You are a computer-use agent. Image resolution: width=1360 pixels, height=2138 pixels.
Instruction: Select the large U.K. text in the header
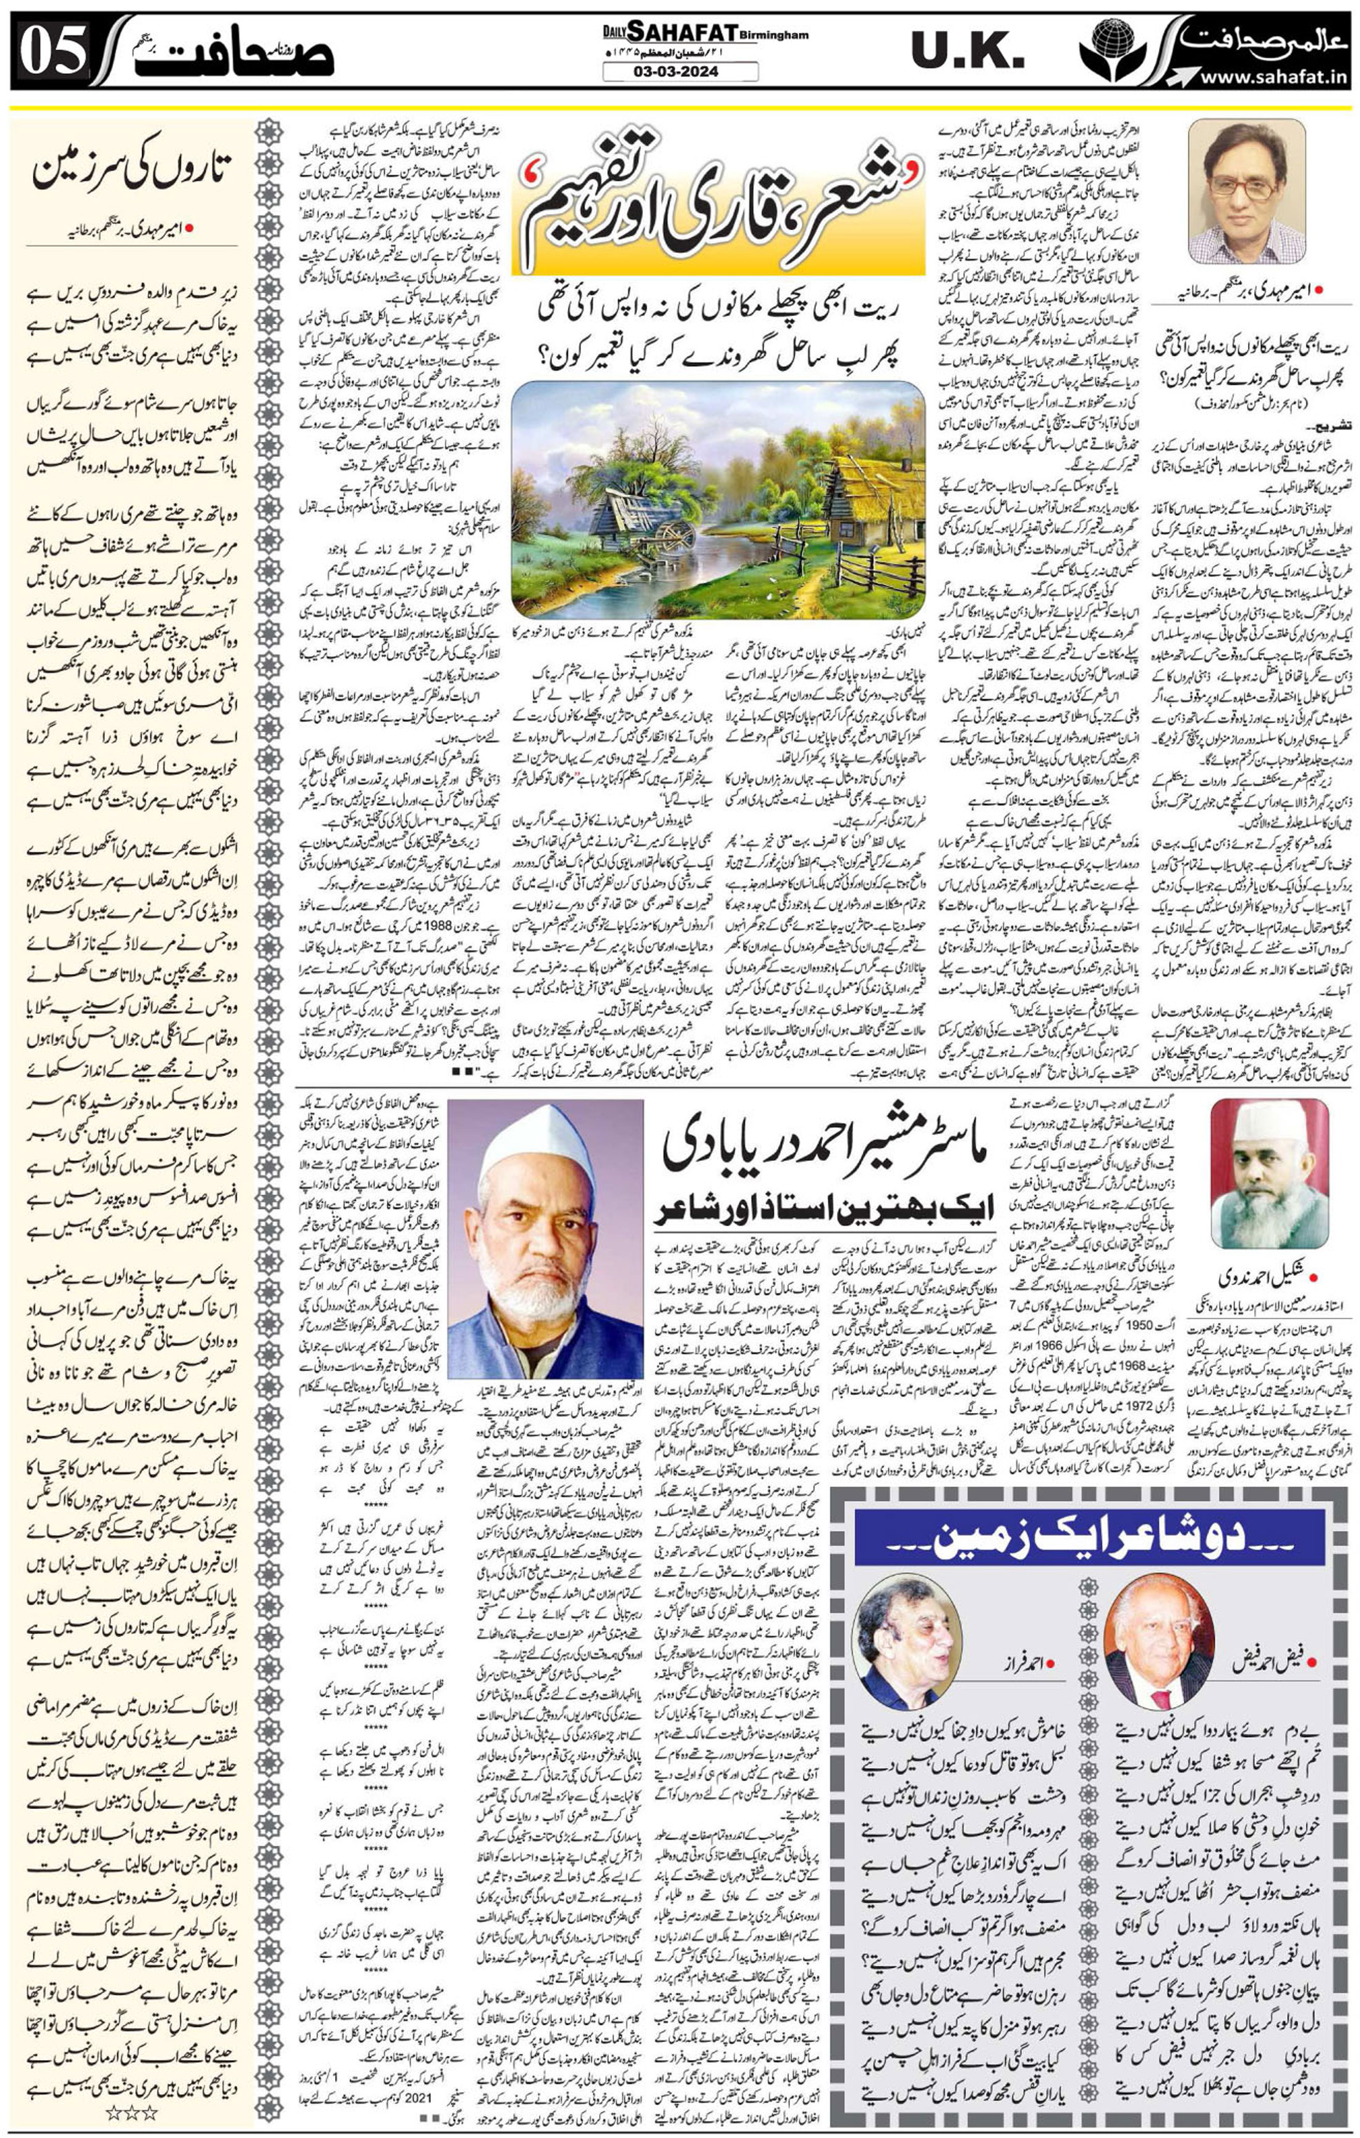click(967, 51)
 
